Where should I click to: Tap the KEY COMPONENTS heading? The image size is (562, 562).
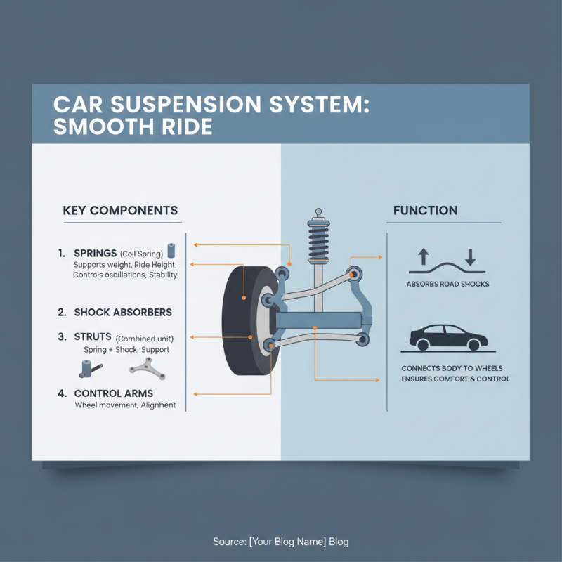120,211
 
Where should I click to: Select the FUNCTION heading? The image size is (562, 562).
425,210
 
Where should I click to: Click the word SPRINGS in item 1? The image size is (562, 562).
95,253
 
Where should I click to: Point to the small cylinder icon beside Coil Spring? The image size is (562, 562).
171,251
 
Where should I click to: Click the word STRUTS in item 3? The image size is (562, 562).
92,337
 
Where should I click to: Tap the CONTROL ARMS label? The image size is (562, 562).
113,393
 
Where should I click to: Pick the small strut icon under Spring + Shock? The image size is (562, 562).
87,367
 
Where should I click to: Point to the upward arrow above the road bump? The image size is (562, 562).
423,256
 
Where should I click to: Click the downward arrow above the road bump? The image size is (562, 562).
470,256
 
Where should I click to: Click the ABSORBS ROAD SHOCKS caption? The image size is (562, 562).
447,285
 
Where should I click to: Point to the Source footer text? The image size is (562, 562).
281,542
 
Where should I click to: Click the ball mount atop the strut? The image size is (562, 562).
318,211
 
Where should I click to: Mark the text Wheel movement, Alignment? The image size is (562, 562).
124,405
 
